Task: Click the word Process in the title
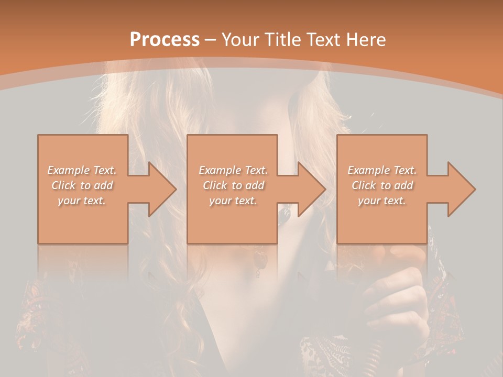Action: click(165, 40)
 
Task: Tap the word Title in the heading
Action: click(283, 40)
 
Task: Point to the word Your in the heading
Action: click(242, 40)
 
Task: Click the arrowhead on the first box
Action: click(157, 189)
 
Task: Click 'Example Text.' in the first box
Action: click(82, 170)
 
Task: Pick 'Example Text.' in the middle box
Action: click(233, 170)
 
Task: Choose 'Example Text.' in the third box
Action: click(382, 170)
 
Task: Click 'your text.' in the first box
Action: click(82, 201)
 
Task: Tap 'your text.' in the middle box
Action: click(233, 201)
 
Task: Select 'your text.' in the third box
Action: click(381, 201)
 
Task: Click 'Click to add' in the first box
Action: click(82, 185)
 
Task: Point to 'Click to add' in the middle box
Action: click(233, 185)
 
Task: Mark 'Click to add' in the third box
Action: click(382, 185)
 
